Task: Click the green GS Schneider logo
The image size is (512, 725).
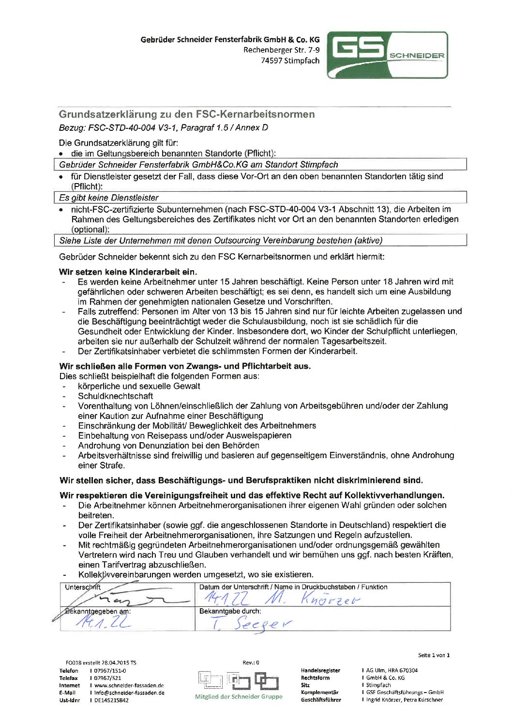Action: click(x=387, y=55)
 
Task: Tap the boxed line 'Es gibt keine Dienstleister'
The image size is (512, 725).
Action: click(x=109, y=198)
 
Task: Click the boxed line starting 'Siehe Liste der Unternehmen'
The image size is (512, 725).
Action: click(x=221, y=241)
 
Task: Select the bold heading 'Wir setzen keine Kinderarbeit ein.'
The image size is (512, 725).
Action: click(x=128, y=272)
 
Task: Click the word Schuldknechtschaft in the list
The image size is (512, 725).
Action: click(x=116, y=396)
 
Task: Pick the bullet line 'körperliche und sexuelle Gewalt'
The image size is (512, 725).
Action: click(x=139, y=386)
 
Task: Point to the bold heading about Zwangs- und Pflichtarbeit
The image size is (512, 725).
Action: click(x=185, y=366)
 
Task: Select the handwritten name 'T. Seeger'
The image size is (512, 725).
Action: click(x=252, y=623)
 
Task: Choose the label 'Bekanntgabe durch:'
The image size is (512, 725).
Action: click(x=230, y=611)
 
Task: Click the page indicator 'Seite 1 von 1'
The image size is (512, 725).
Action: click(x=434, y=655)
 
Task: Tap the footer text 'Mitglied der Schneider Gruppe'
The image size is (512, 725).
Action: click(x=239, y=696)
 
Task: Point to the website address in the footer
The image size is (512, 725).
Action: click(x=129, y=685)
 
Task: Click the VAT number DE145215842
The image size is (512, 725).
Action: click(x=111, y=700)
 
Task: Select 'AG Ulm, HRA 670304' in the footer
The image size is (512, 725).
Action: click(x=392, y=670)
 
